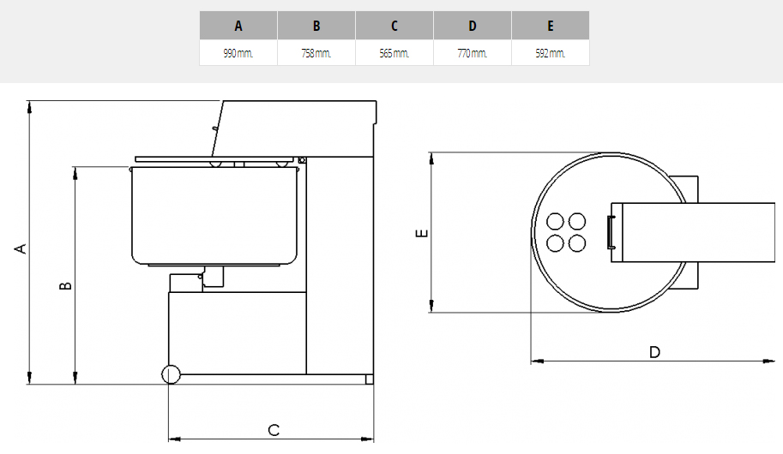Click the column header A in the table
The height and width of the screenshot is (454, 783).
(x=238, y=26)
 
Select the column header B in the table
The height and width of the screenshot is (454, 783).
(x=316, y=26)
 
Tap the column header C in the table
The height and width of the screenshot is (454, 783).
(x=395, y=26)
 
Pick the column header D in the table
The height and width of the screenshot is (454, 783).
(x=473, y=26)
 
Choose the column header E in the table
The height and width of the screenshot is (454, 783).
(x=551, y=26)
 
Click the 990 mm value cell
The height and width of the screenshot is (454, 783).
(x=238, y=53)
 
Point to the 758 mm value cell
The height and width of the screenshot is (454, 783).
(x=316, y=53)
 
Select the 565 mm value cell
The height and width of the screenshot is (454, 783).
(x=395, y=53)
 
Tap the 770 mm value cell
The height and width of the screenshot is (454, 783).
(x=473, y=53)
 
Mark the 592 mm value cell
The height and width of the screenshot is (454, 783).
(x=551, y=53)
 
